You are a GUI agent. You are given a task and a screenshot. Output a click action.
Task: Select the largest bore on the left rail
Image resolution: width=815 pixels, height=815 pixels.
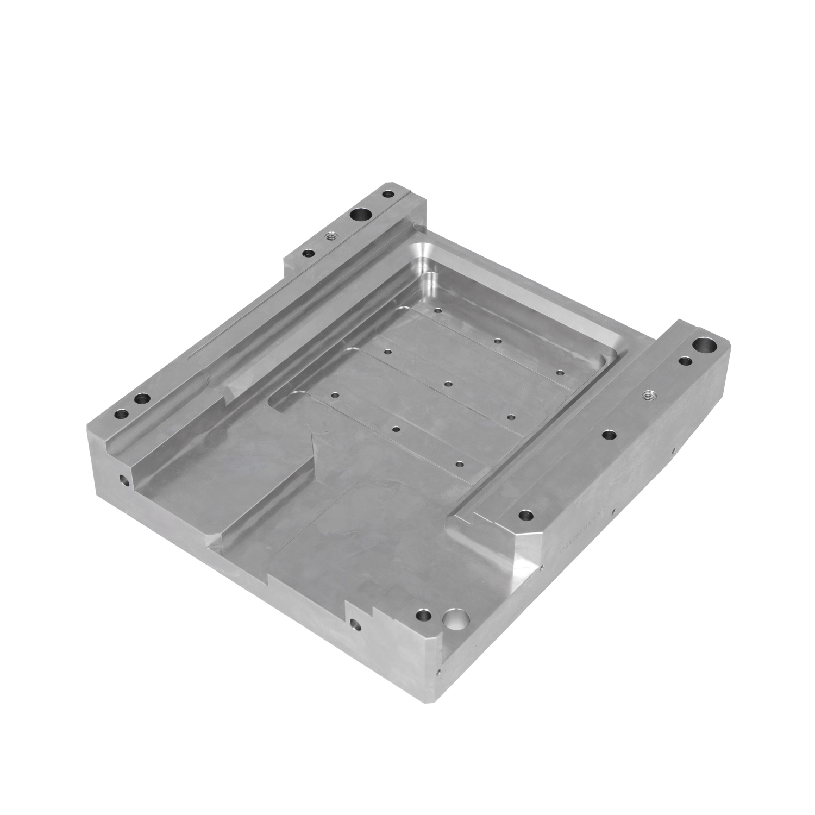pos(360,215)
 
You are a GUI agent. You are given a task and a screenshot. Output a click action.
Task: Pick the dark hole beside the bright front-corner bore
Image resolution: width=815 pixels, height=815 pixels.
pos(423,616)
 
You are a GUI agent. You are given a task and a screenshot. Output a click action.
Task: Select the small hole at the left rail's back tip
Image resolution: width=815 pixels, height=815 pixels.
pos(388,193)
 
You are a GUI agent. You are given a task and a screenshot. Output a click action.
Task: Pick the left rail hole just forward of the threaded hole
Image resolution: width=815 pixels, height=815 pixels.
pos(308,253)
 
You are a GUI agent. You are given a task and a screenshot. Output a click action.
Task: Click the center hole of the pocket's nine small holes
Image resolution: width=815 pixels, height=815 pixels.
pos(448,384)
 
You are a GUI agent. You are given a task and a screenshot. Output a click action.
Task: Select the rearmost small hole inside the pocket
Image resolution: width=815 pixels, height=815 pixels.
pos(437,311)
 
